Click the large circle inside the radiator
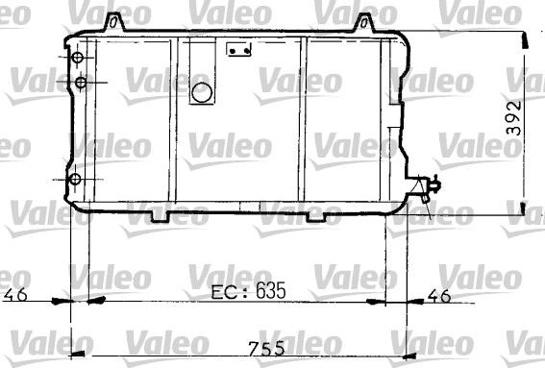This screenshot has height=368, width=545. pyautogui.click(x=203, y=93)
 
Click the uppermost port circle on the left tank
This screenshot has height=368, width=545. pyautogui.click(x=76, y=59)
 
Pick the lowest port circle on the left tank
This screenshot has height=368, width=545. pyautogui.click(x=75, y=180)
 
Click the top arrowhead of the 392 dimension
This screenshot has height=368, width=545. pyautogui.click(x=524, y=38)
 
